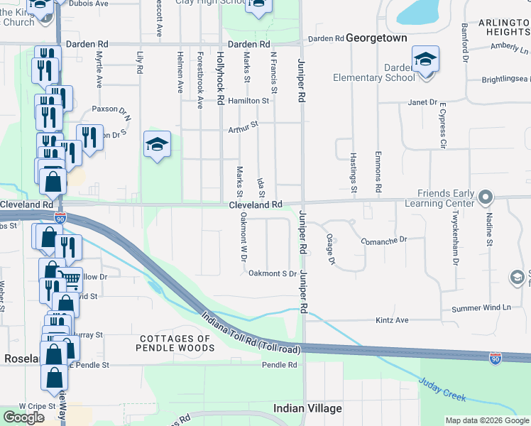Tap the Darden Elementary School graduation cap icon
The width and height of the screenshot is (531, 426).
pos(425,59)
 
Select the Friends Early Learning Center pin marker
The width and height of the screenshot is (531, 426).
pos(486,195)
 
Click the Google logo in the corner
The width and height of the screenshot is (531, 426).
pos(23,417)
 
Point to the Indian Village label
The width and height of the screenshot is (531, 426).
pos(308,408)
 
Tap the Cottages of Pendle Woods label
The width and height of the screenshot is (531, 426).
pos(176,343)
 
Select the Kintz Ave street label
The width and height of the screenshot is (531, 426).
pos(392,320)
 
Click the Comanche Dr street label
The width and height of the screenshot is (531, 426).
pos(383,241)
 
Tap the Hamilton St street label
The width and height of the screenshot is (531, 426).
pos(248,101)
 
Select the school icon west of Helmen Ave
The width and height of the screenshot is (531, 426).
pos(157,145)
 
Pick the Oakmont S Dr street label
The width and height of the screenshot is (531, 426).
pos(272,273)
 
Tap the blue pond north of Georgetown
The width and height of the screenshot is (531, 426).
pos(420,10)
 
